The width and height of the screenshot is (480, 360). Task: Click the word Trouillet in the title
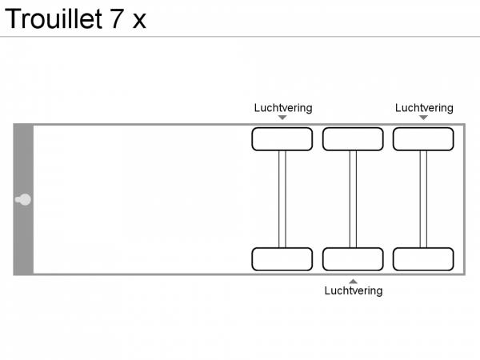click(54, 18)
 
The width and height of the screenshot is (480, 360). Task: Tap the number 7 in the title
click(117, 19)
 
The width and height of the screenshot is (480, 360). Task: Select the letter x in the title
click(139, 22)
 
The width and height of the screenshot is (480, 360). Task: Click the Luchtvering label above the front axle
click(283, 108)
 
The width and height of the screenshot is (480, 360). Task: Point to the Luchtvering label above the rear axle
click(424, 108)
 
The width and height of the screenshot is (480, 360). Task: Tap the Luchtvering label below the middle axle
click(354, 290)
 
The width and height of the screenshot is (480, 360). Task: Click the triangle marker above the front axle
click(282, 118)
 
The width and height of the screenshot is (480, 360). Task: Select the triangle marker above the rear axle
click(423, 118)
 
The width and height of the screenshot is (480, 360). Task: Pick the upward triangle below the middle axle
click(353, 282)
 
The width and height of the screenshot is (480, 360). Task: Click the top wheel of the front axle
click(282, 139)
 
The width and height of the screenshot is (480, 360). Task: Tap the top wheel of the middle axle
click(353, 139)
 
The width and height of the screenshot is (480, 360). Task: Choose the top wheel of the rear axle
click(423, 139)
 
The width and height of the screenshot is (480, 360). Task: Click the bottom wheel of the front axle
click(282, 259)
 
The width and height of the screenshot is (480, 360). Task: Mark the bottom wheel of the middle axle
click(353, 259)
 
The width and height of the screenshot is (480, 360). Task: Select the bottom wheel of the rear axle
click(423, 259)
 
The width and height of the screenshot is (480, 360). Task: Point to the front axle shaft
click(282, 199)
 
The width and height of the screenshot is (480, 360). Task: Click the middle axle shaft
click(353, 199)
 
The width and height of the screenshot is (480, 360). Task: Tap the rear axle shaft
click(423, 199)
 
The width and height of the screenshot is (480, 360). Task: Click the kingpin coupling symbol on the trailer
click(23, 199)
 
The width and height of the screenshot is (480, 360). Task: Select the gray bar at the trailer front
click(23, 199)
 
